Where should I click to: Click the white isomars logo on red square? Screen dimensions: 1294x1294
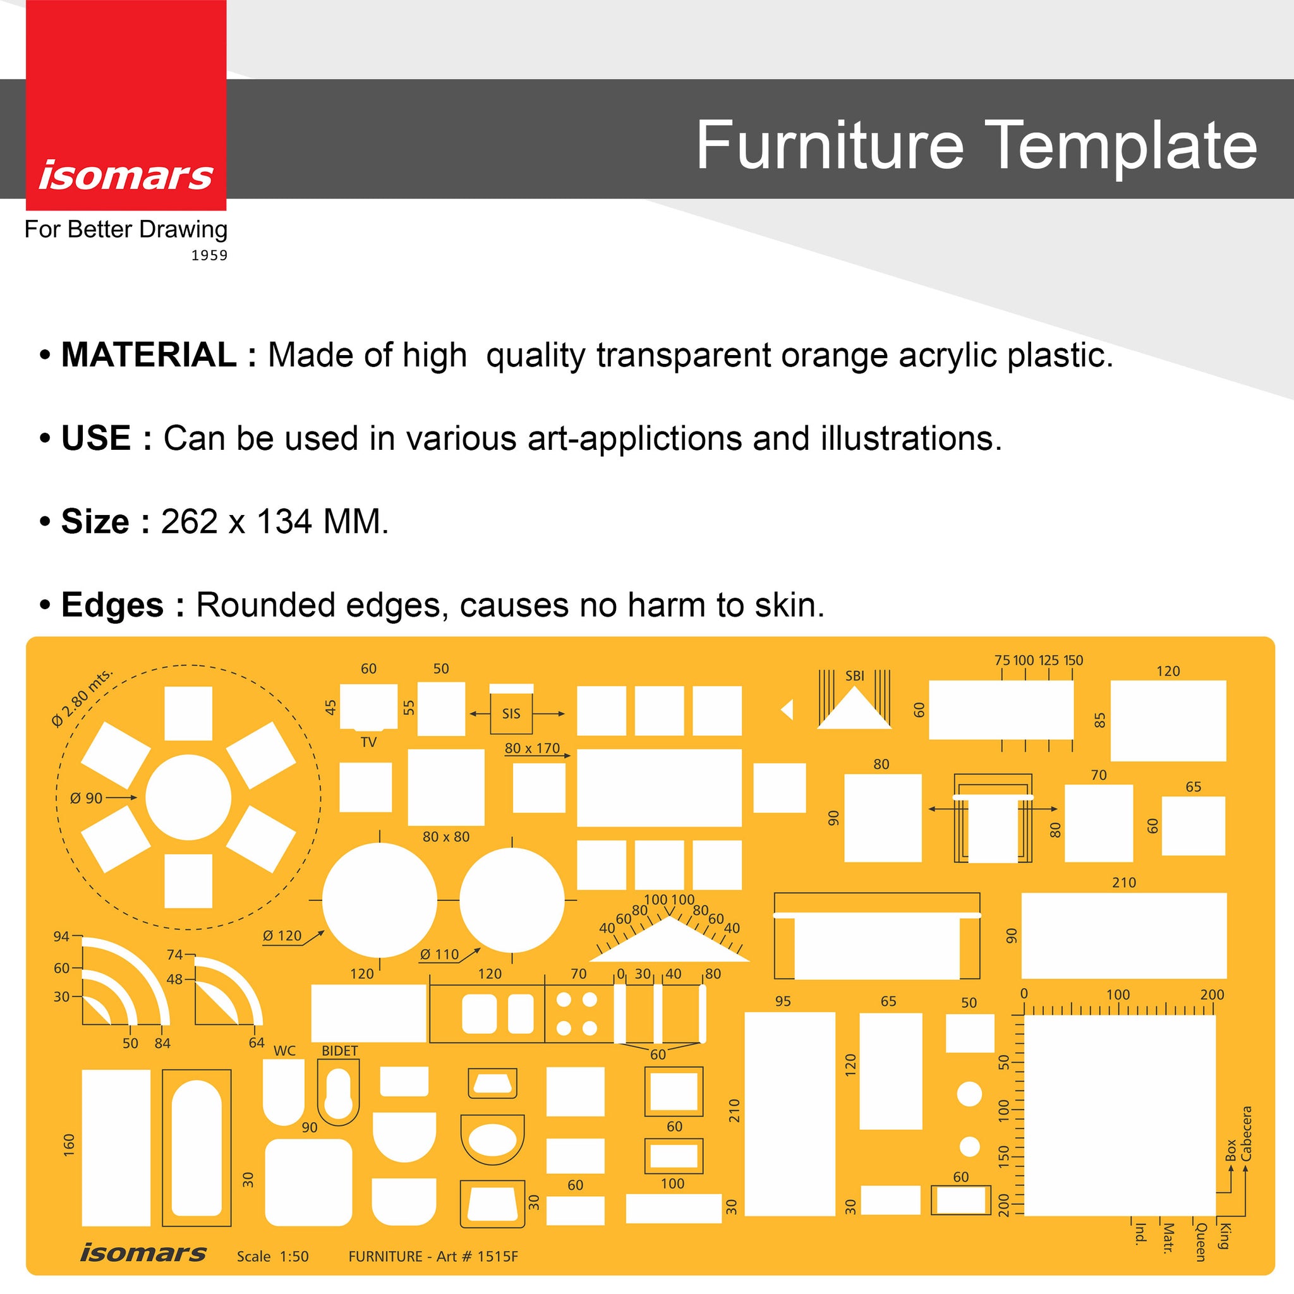click(x=126, y=176)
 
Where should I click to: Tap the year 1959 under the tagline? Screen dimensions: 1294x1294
click(x=210, y=255)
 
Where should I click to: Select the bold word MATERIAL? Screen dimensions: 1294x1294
click(x=148, y=354)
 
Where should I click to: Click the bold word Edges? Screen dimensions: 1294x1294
click(x=112, y=605)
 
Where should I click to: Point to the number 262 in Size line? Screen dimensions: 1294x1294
click(x=190, y=522)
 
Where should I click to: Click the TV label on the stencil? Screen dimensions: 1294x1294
click(x=368, y=742)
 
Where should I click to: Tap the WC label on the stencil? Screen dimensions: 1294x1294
click(x=285, y=1051)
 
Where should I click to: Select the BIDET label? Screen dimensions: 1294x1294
click(x=339, y=1051)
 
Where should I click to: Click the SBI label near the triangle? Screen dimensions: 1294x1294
click(x=855, y=676)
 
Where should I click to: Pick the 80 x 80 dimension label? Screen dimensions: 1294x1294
click(x=446, y=837)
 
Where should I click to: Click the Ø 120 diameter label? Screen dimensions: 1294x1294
click(x=282, y=936)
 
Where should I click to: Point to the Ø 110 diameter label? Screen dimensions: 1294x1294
click(x=439, y=955)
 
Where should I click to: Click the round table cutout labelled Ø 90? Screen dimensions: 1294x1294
click(x=188, y=797)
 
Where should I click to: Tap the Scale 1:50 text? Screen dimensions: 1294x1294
click(x=272, y=1257)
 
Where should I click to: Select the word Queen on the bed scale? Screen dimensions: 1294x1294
click(x=1201, y=1242)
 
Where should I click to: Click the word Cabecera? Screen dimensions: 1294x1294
click(x=1247, y=1134)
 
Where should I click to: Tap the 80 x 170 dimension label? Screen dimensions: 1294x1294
click(x=533, y=748)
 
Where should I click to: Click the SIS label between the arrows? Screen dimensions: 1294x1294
click(x=511, y=714)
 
